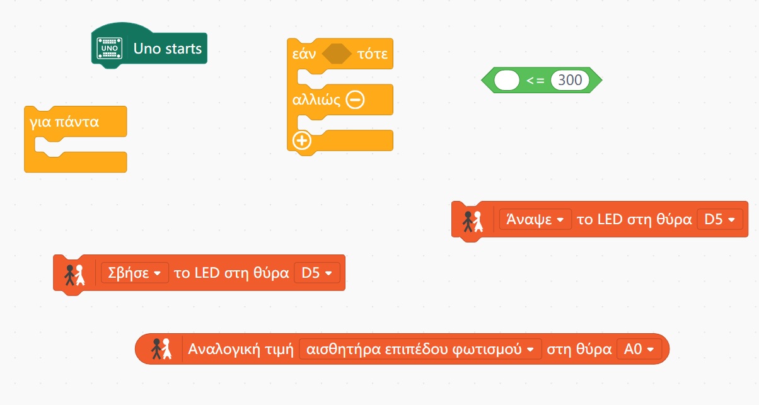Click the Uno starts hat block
coord(167,49)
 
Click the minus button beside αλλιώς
coord(355,100)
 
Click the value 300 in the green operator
coord(570,81)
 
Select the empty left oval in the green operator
coord(507,81)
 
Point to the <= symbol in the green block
coord(535,81)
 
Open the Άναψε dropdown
coord(535,219)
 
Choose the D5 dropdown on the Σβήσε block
coord(316,273)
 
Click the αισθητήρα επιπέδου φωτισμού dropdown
coord(420,349)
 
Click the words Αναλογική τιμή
coord(241,349)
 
